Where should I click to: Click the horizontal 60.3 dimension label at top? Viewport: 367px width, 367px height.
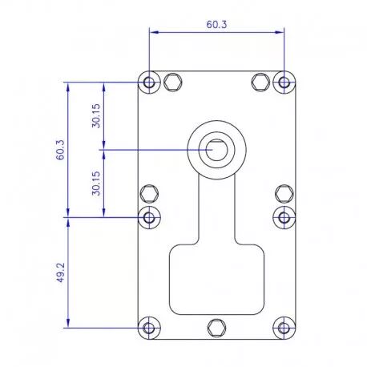pos(216,25)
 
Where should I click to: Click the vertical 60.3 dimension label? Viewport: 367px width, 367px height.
pos(60,150)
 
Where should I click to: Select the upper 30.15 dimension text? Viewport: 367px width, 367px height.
pos(96,115)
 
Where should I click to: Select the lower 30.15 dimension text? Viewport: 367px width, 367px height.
pos(96,183)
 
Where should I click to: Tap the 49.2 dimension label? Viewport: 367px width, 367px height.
pos(60,272)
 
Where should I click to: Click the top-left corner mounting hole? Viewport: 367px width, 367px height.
pos(149,83)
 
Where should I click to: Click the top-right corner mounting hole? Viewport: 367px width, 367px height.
pos(284,83)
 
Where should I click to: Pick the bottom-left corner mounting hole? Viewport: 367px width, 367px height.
pos(149,328)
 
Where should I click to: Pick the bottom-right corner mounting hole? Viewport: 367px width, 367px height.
pos(284,328)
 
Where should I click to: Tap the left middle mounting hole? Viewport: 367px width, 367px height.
pos(149,217)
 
